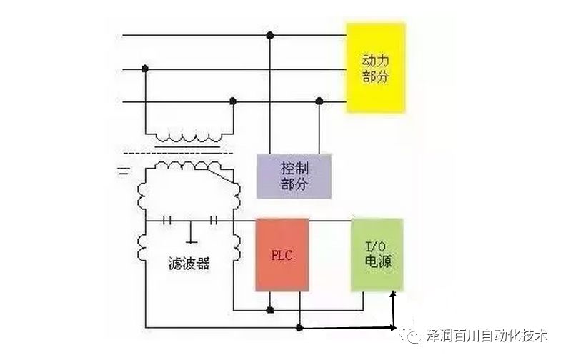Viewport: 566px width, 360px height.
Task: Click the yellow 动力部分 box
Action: click(376, 67)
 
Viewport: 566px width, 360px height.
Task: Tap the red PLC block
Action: click(282, 255)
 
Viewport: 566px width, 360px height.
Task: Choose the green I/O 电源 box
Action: click(377, 254)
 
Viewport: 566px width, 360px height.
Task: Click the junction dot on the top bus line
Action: click(269, 35)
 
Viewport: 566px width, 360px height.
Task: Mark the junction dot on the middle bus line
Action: click(145, 69)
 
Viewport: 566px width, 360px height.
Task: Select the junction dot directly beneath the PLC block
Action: click(270, 310)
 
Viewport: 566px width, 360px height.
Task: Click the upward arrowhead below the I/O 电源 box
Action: click(394, 294)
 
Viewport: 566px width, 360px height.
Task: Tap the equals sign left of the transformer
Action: click(123, 170)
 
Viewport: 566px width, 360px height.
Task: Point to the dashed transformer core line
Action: click(178, 151)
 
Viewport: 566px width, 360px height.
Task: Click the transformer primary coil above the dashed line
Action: click(189, 135)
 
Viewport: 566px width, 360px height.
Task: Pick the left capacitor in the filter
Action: click(169, 221)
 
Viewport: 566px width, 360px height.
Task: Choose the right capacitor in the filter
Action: click(213, 221)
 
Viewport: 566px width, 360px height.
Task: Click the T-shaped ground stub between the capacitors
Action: click(191, 232)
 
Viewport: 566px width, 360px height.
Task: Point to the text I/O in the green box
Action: click(377, 245)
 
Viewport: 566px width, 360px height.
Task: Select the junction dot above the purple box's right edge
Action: click(319, 101)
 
